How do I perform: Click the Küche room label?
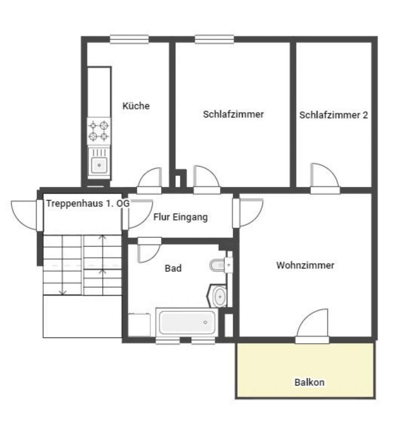pyautogui.click(x=136, y=106)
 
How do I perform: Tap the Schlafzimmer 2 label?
pyautogui.click(x=333, y=115)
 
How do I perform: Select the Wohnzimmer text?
pyautogui.click(x=305, y=265)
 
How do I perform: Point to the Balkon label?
pyautogui.click(x=310, y=382)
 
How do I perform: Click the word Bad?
pyautogui.click(x=173, y=268)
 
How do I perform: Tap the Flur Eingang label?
pyautogui.click(x=180, y=217)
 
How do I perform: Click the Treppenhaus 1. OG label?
pyautogui.click(x=88, y=203)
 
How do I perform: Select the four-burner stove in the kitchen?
pyautogui.click(x=99, y=131)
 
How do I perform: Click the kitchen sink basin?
pyautogui.click(x=99, y=165)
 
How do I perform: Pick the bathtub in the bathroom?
pyautogui.click(x=187, y=322)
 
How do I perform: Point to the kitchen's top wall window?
pyautogui.click(x=129, y=39)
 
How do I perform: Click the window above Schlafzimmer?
pyautogui.click(x=214, y=39)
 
